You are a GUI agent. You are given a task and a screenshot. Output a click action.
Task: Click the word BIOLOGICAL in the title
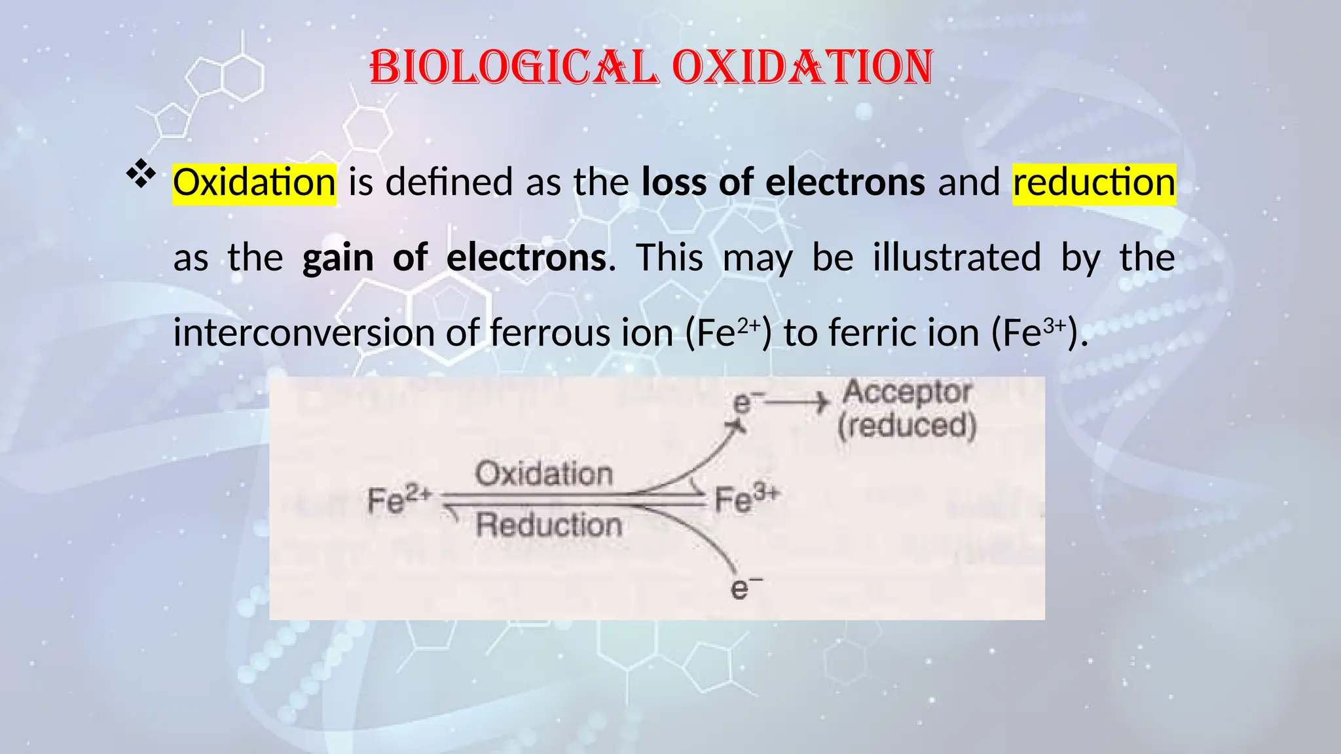tap(514, 67)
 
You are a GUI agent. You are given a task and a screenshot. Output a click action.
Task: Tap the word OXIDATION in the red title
tap(803, 67)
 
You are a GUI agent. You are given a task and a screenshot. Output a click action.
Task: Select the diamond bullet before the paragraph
tap(141, 176)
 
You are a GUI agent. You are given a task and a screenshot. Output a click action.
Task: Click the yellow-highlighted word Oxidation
tap(254, 183)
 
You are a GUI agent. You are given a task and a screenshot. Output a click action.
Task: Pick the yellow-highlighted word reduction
tap(1093, 183)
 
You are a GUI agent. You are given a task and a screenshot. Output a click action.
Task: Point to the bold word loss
tap(674, 183)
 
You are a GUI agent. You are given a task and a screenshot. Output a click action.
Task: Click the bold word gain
tap(337, 258)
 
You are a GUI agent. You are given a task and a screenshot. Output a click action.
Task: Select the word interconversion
tap(304, 333)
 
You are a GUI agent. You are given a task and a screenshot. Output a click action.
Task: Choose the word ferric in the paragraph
tap(873, 333)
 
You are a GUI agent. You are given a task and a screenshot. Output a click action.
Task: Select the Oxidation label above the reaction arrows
tap(544, 474)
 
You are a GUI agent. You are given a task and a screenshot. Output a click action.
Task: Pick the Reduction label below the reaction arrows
tap(549, 526)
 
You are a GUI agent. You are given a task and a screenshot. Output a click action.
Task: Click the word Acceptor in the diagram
tap(907, 393)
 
